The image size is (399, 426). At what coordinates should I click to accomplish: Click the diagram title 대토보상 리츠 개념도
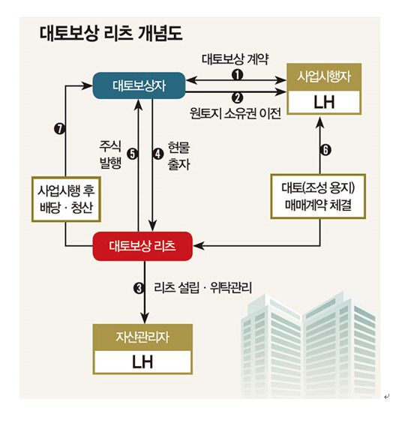tap(111, 34)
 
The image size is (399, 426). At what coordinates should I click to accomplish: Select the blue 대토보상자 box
tap(139, 85)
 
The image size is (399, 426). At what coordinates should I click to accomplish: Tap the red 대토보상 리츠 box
tap(142, 246)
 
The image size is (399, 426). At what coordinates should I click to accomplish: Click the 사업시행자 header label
tap(324, 77)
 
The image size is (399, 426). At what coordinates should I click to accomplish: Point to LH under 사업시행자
tap(324, 103)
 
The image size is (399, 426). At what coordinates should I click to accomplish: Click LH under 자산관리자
tap(142, 362)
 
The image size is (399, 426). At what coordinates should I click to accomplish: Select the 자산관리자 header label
tap(142, 337)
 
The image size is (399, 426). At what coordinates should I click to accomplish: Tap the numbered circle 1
tap(238, 74)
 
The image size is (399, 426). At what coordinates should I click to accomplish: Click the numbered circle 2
tap(238, 97)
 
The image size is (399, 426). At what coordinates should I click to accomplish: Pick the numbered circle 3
tap(139, 288)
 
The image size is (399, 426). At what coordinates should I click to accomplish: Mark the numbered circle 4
tap(157, 154)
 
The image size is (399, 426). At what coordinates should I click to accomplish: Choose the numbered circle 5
tap(133, 154)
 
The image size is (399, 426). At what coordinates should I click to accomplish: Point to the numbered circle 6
tap(325, 150)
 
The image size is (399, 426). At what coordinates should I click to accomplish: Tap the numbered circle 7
tap(60, 128)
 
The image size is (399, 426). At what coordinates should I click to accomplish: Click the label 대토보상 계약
tap(235, 59)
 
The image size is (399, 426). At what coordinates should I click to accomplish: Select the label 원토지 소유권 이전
tap(235, 113)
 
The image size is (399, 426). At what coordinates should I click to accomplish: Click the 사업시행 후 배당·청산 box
tap(66, 199)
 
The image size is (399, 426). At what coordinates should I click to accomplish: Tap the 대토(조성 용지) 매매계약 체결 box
tap(318, 196)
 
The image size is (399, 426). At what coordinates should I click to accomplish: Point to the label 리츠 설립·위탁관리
tap(202, 288)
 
